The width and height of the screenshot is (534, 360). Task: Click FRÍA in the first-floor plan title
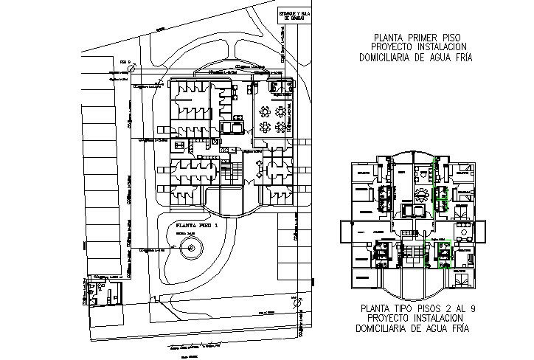(461, 57)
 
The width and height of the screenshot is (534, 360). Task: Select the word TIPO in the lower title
(399, 308)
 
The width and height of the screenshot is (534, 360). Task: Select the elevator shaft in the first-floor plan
(232, 127)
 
